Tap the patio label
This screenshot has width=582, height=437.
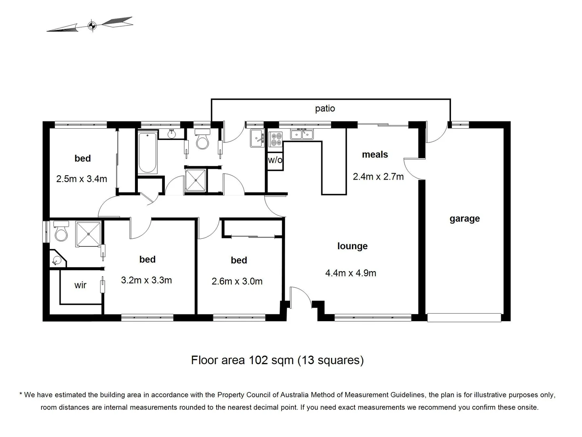coord(325,108)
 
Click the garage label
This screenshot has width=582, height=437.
coord(464,218)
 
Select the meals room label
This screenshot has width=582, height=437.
coord(375,155)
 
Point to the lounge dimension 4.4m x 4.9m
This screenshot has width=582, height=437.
coord(350,273)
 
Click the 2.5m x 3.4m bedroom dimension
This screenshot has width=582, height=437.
coord(82,179)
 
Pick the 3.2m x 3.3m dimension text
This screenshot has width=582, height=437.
coord(146,280)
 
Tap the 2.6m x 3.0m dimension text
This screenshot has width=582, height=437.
coord(237,281)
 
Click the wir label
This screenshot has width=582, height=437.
coord(80,285)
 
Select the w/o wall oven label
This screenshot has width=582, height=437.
coord(275,160)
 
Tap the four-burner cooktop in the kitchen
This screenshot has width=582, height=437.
coord(276,140)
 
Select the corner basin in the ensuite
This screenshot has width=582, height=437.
coord(57,260)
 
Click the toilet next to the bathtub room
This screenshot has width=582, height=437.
coord(202,138)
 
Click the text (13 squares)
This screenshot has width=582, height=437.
coord(330,360)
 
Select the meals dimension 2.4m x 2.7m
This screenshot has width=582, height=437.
coord(378,176)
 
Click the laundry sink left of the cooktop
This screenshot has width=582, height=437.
coord(257,138)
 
